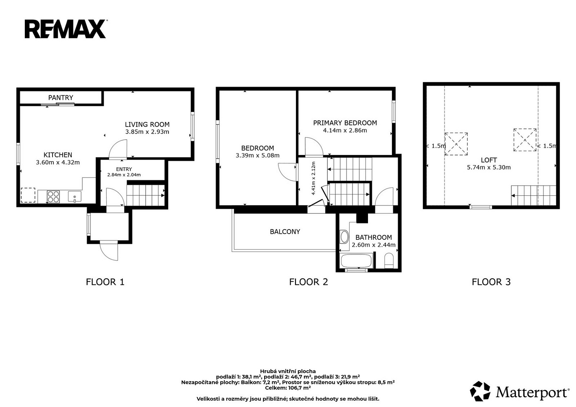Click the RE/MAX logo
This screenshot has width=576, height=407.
[x=66, y=29]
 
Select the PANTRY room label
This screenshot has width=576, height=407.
[x=61, y=98]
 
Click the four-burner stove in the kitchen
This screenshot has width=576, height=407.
[x=53, y=197]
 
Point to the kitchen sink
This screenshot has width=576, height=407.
[x=74, y=197]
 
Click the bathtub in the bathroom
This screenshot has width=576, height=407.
[x=356, y=261]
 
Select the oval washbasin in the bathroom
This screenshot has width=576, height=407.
[x=344, y=237]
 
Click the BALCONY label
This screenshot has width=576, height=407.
[x=285, y=232]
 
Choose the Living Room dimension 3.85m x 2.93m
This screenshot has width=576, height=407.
[x=147, y=132]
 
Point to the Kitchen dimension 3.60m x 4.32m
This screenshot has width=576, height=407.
[x=58, y=162]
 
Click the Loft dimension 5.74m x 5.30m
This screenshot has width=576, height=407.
[x=488, y=167]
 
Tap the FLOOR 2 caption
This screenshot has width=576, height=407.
[x=309, y=282]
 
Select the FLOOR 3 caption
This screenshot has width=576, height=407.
[x=491, y=282]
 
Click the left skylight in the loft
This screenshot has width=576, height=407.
[x=456, y=144]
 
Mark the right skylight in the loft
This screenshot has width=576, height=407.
[x=525, y=140]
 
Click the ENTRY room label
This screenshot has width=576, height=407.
[x=124, y=169]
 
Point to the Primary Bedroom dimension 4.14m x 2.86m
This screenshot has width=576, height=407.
[x=345, y=130]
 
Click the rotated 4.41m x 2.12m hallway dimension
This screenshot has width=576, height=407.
[x=313, y=178]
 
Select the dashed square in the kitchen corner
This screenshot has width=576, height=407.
[x=28, y=195]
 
